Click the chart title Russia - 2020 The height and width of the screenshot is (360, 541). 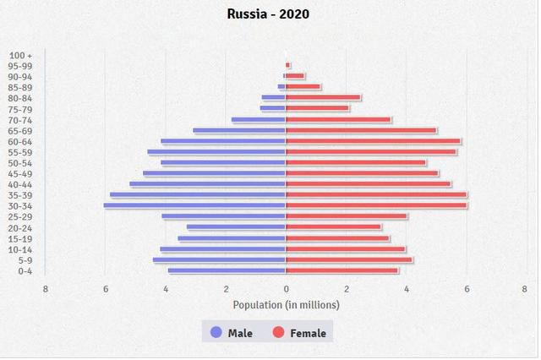pos(269,14)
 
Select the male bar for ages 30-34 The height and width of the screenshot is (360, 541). pos(194,205)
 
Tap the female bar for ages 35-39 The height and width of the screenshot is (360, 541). pos(376,194)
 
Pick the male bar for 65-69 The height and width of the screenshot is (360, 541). pos(239,130)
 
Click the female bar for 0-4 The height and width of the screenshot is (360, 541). pos(342,270)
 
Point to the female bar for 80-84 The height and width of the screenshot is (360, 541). pos(323,97)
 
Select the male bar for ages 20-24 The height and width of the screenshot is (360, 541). pos(236,226)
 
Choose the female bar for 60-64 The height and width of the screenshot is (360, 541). pos(373,141)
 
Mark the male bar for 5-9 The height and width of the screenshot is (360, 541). pos(219,259)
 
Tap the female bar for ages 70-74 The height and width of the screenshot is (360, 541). pos(338,119)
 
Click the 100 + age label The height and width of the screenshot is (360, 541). pos(21,55)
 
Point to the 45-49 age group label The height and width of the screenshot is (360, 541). pos(20,173)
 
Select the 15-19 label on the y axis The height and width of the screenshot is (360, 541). pos(20,238)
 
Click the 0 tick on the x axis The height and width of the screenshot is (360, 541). pos(286,289)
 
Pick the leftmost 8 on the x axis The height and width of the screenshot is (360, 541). pos(46,289)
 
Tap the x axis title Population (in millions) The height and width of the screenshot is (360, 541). pos(286,304)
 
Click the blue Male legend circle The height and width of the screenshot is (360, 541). pos(216,332)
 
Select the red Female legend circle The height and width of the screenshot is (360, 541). pos(278,332)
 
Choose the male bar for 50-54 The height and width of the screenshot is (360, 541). pos(223,162)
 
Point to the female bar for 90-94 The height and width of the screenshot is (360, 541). pos(295,76)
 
